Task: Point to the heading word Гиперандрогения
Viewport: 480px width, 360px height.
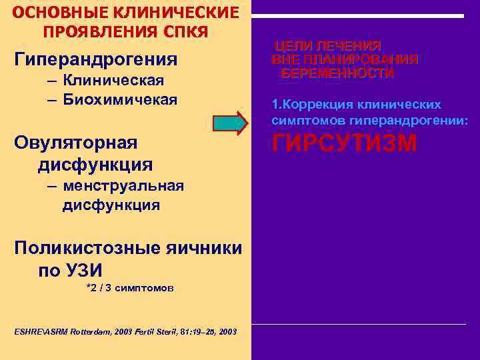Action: (x=96, y=59)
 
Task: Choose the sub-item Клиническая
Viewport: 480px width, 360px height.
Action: (x=113, y=81)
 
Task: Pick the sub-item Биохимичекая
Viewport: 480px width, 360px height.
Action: (x=120, y=100)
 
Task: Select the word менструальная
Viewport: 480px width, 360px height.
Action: (x=123, y=185)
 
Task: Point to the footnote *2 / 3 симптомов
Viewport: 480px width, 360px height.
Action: (x=131, y=288)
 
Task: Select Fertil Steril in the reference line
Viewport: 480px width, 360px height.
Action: (x=149, y=331)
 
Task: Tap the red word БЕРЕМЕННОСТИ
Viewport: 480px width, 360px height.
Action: (x=337, y=73)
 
